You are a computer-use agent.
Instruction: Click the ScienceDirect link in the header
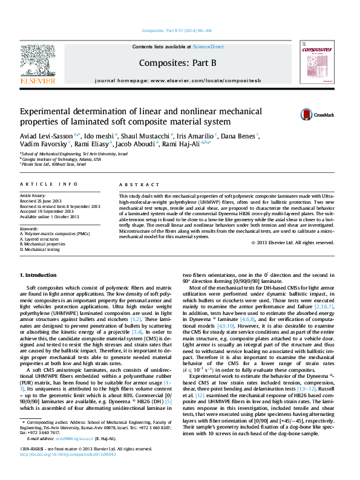208,47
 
